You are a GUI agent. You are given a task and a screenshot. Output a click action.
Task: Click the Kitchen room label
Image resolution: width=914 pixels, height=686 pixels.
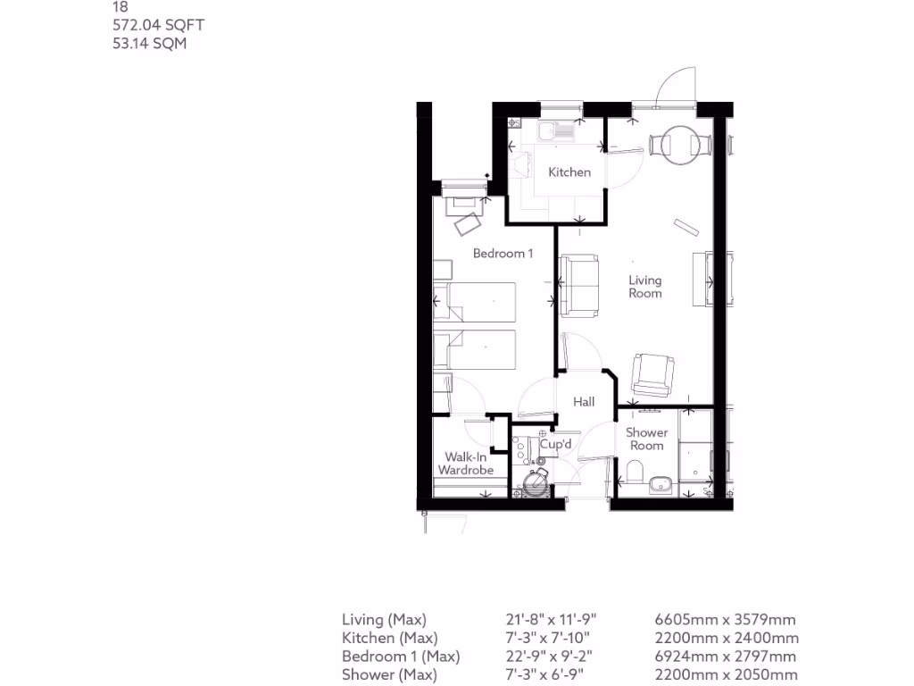[x=569, y=171]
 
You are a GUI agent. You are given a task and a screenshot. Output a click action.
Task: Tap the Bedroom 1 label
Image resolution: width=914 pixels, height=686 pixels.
[x=503, y=253]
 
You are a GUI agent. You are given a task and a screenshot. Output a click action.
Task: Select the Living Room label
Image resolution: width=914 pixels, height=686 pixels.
[x=644, y=287]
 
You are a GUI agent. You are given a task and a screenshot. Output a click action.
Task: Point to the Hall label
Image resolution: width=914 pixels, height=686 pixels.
[x=584, y=402]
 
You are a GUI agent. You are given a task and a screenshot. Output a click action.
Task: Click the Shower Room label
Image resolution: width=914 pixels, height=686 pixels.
[x=646, y=439]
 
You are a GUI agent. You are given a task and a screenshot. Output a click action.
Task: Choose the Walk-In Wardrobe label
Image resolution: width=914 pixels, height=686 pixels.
[x=465, y=463]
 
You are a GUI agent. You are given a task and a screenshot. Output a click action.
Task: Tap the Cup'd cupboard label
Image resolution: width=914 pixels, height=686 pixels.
[x=554, y=444]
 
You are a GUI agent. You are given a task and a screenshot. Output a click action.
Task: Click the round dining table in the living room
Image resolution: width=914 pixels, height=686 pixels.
[x=679, y=143]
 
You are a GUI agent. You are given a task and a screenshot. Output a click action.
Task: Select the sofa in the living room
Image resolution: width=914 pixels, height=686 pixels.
[x=580, y=285]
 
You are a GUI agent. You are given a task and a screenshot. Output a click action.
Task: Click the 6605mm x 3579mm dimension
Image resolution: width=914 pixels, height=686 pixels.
[x=726, y=619]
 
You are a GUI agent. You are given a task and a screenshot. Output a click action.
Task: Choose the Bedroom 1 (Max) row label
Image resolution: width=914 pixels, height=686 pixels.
[x=401, y=657]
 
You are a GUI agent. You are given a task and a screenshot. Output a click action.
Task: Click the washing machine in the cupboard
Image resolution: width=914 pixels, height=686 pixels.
[x=536, y=482]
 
